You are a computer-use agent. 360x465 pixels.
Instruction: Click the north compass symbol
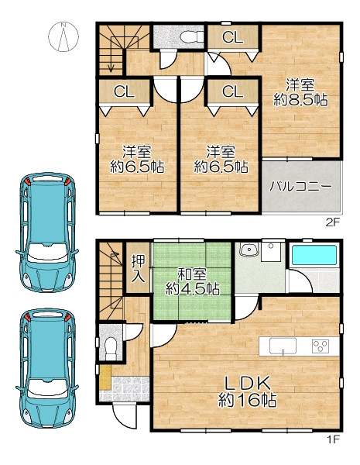pyautogui.click(x=63, y=37)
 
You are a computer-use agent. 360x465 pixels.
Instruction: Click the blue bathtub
pyautogui.click(x=314, y=255)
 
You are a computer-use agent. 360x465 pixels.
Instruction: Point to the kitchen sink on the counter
pyautogui.click(x=283, y=346)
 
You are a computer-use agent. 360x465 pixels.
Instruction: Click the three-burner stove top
pyautogui.click(x=321, y=346)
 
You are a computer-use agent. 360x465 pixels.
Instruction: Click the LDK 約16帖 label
pyautogui.click(x=248, y=391)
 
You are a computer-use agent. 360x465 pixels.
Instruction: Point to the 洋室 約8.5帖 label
pyautogui.click(x=300, y=92)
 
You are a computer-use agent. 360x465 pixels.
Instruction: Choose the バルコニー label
pyautogui.click(x=300, y=187)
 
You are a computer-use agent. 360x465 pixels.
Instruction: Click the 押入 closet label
pyautogui.click(x=139, y=268)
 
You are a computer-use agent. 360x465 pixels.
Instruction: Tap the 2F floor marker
pyautogui.click(x=332, y=222)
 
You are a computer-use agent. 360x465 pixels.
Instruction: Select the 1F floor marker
pyautogui.click(x=333, y=439)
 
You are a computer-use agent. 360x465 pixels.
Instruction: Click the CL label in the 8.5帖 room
pyautogui.click(x=232, y=37)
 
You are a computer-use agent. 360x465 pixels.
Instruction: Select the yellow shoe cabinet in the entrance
pyautogui.click(x=105, y=377)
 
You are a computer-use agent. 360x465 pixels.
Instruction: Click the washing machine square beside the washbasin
pyautogui.click(x=271, y=252)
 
